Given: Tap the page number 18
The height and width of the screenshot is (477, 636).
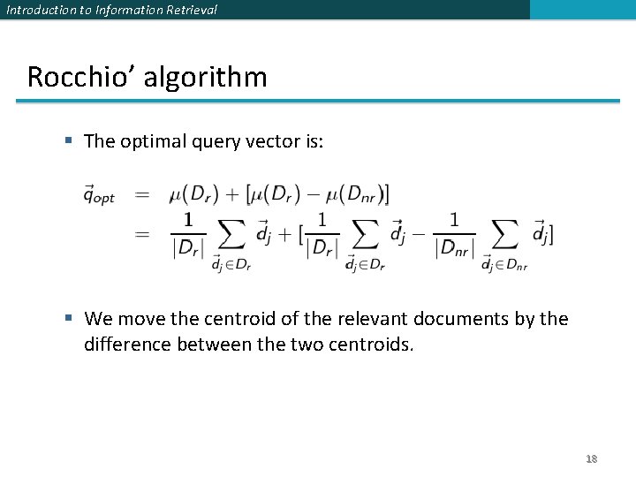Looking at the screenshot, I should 591,458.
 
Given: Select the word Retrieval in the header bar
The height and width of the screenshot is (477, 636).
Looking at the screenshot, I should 185,10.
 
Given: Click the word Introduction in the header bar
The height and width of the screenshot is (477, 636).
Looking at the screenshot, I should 39,10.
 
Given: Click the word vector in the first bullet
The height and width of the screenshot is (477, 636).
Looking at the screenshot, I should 278,140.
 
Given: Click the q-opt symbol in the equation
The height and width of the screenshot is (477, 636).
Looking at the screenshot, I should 98,194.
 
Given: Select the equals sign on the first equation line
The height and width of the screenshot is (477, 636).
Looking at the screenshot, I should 141,194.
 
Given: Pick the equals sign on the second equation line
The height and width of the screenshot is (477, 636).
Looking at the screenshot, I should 141,234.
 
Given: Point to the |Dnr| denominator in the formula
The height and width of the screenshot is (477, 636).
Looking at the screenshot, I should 456,249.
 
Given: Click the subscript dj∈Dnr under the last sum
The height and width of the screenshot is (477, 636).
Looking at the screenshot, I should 504,263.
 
